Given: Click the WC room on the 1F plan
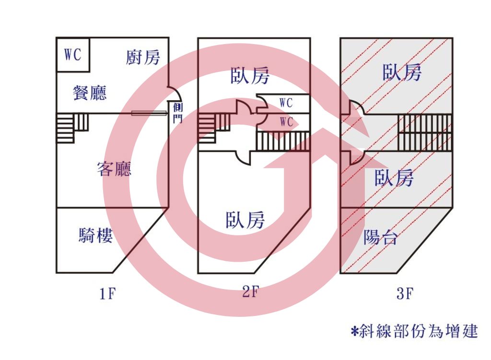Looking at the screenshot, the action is (x=73, y=55).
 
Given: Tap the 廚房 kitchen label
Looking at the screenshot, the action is (x=143, y=58).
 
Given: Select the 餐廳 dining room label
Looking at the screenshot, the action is (x=90, y=93).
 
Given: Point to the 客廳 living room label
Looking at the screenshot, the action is (x=114, y=169).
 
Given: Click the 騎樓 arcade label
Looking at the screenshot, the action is (x=95, y=235).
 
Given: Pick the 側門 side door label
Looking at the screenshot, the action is (x=178, y=113).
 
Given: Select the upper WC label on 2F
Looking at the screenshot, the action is (x=286, y=103).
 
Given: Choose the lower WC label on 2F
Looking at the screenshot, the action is (x=286, y=122).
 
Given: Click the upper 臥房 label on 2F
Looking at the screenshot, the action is (x=249, y=75).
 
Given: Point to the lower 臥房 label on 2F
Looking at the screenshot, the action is (x=245, y=220).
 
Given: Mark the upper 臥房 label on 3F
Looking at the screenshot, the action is (x=402, y=72).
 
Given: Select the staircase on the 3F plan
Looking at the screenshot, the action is (x=425, y=132).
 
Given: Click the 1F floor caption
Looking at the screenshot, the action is (x=107, y=294).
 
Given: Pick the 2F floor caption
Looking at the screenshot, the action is (x=251, y=292).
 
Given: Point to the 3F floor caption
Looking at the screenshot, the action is (x=405, y=293).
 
